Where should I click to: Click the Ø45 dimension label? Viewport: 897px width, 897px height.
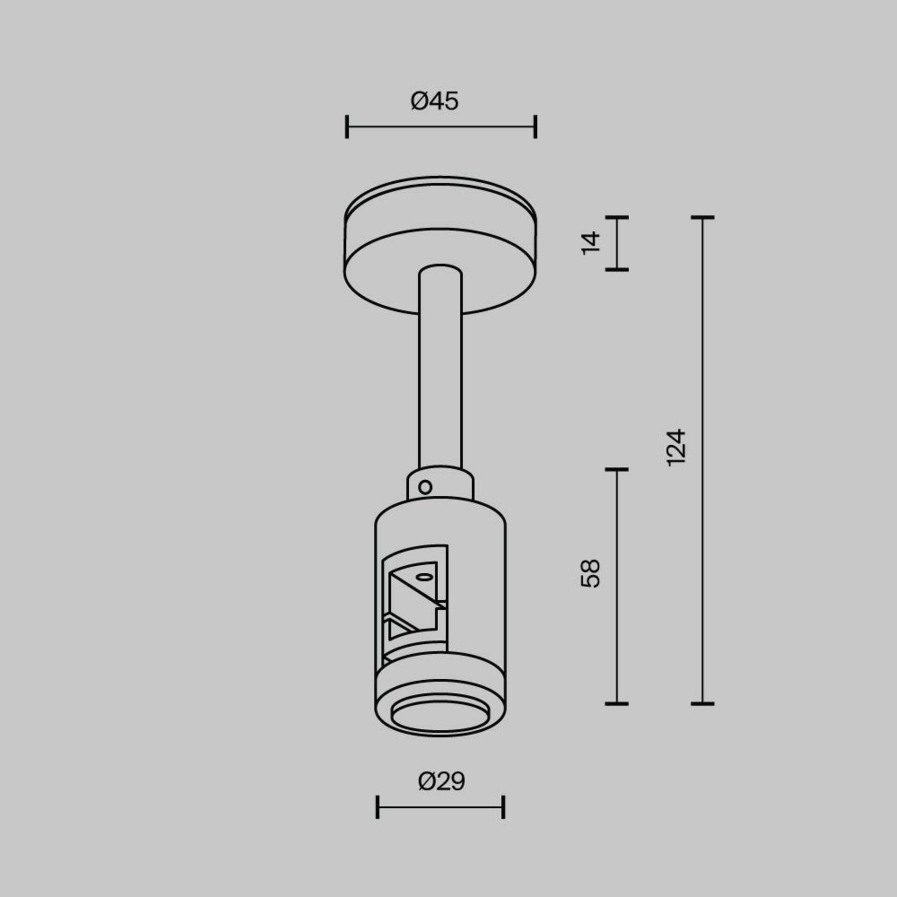tap(434, 101)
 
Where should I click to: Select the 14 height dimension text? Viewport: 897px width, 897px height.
tap(591, 243)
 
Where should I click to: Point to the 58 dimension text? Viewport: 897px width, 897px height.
tap(591, 573)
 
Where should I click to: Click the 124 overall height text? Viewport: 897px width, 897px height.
tap(676, 448)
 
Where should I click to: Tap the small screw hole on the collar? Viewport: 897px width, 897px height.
tap(425, 488)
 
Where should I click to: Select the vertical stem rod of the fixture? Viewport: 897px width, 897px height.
tap(441, 374)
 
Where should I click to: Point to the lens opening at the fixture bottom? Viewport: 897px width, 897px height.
tap(440, 717)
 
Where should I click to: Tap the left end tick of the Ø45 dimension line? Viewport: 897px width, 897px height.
tap(347, 127)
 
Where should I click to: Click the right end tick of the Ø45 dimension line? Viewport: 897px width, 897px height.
tap(535, 127)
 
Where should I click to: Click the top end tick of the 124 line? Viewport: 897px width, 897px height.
tap(703, 217)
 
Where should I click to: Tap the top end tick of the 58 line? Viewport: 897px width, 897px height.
tap(617, 470)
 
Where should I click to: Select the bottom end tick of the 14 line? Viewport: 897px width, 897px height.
tap(617, 270)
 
